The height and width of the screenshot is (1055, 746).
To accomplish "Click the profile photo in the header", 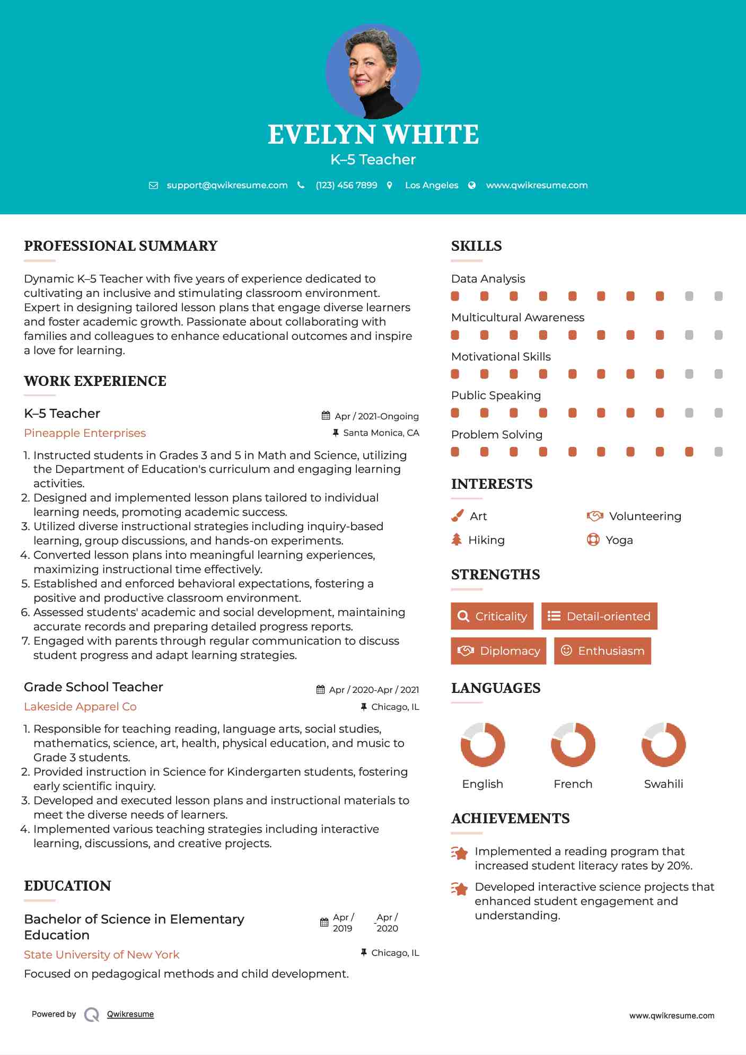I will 373,71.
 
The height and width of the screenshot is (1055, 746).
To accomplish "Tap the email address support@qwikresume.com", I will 227,185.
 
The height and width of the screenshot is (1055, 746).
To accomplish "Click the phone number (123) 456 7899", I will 346,185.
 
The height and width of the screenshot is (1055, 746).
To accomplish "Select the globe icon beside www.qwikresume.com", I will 472,185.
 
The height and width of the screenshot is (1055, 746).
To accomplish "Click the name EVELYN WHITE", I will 373,135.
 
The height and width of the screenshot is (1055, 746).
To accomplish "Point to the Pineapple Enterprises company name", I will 85,433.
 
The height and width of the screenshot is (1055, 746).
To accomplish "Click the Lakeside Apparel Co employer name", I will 80,707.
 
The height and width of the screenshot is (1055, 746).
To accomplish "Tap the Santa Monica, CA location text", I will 381,433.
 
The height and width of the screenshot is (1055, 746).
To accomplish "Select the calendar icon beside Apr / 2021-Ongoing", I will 326,416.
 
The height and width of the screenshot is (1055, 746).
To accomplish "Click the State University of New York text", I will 101,955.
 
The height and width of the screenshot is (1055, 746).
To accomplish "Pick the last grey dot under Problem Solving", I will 718,452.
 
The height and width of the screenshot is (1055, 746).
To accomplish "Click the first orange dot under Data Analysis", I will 455,296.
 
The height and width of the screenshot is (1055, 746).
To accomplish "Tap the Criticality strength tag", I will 492,616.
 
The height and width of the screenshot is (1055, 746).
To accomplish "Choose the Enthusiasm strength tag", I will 602,650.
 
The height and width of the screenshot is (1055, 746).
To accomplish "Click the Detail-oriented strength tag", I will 599,616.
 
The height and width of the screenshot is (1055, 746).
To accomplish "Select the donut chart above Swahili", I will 663,744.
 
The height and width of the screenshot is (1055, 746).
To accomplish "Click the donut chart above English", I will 482,744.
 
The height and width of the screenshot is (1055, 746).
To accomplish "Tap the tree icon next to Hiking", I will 457,540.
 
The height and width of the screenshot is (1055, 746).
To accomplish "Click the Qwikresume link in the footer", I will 130,1014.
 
